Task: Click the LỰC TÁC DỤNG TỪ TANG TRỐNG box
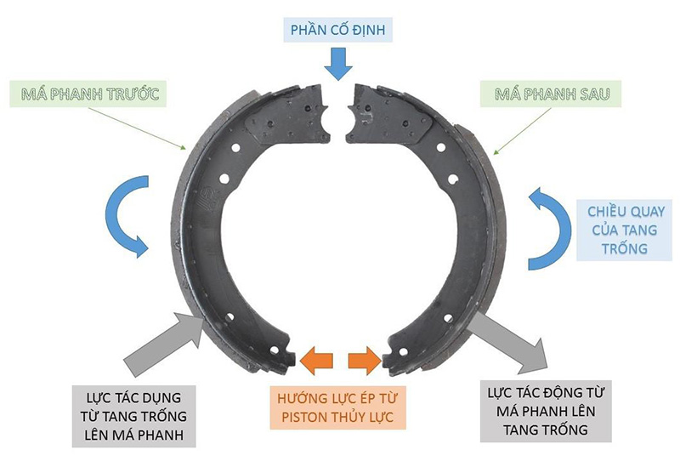tap(136, 416)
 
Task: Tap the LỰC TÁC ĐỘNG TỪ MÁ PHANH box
tap(545, 412)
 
